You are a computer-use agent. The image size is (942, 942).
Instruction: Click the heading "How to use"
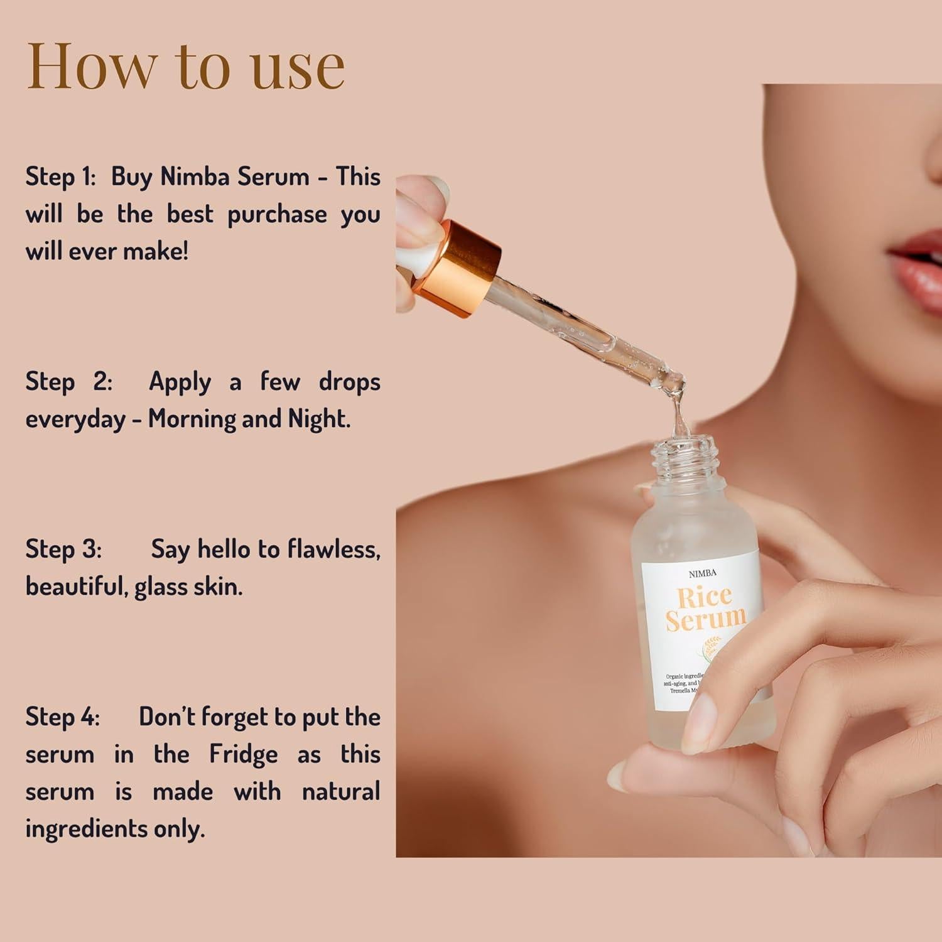coord(186,66)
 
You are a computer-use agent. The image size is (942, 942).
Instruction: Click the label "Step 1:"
coord(60,176)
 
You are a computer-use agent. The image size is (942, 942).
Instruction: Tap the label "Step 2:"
coord(68,381)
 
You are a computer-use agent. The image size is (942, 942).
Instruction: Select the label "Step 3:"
coord(63,549)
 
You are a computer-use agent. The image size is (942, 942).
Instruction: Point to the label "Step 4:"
coord(62,717)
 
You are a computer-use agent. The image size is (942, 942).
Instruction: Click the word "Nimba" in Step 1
coord(192,176)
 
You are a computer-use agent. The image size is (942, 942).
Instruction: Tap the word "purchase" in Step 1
coord(277,215)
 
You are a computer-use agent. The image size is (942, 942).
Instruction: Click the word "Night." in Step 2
coord(319,419)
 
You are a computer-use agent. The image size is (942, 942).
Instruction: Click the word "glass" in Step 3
coord(162,587)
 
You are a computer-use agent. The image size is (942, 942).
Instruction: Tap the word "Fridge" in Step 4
coord(243,754)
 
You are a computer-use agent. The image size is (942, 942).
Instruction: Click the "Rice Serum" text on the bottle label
coord(705,608)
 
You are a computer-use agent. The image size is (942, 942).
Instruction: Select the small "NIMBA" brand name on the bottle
coord(701,573)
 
